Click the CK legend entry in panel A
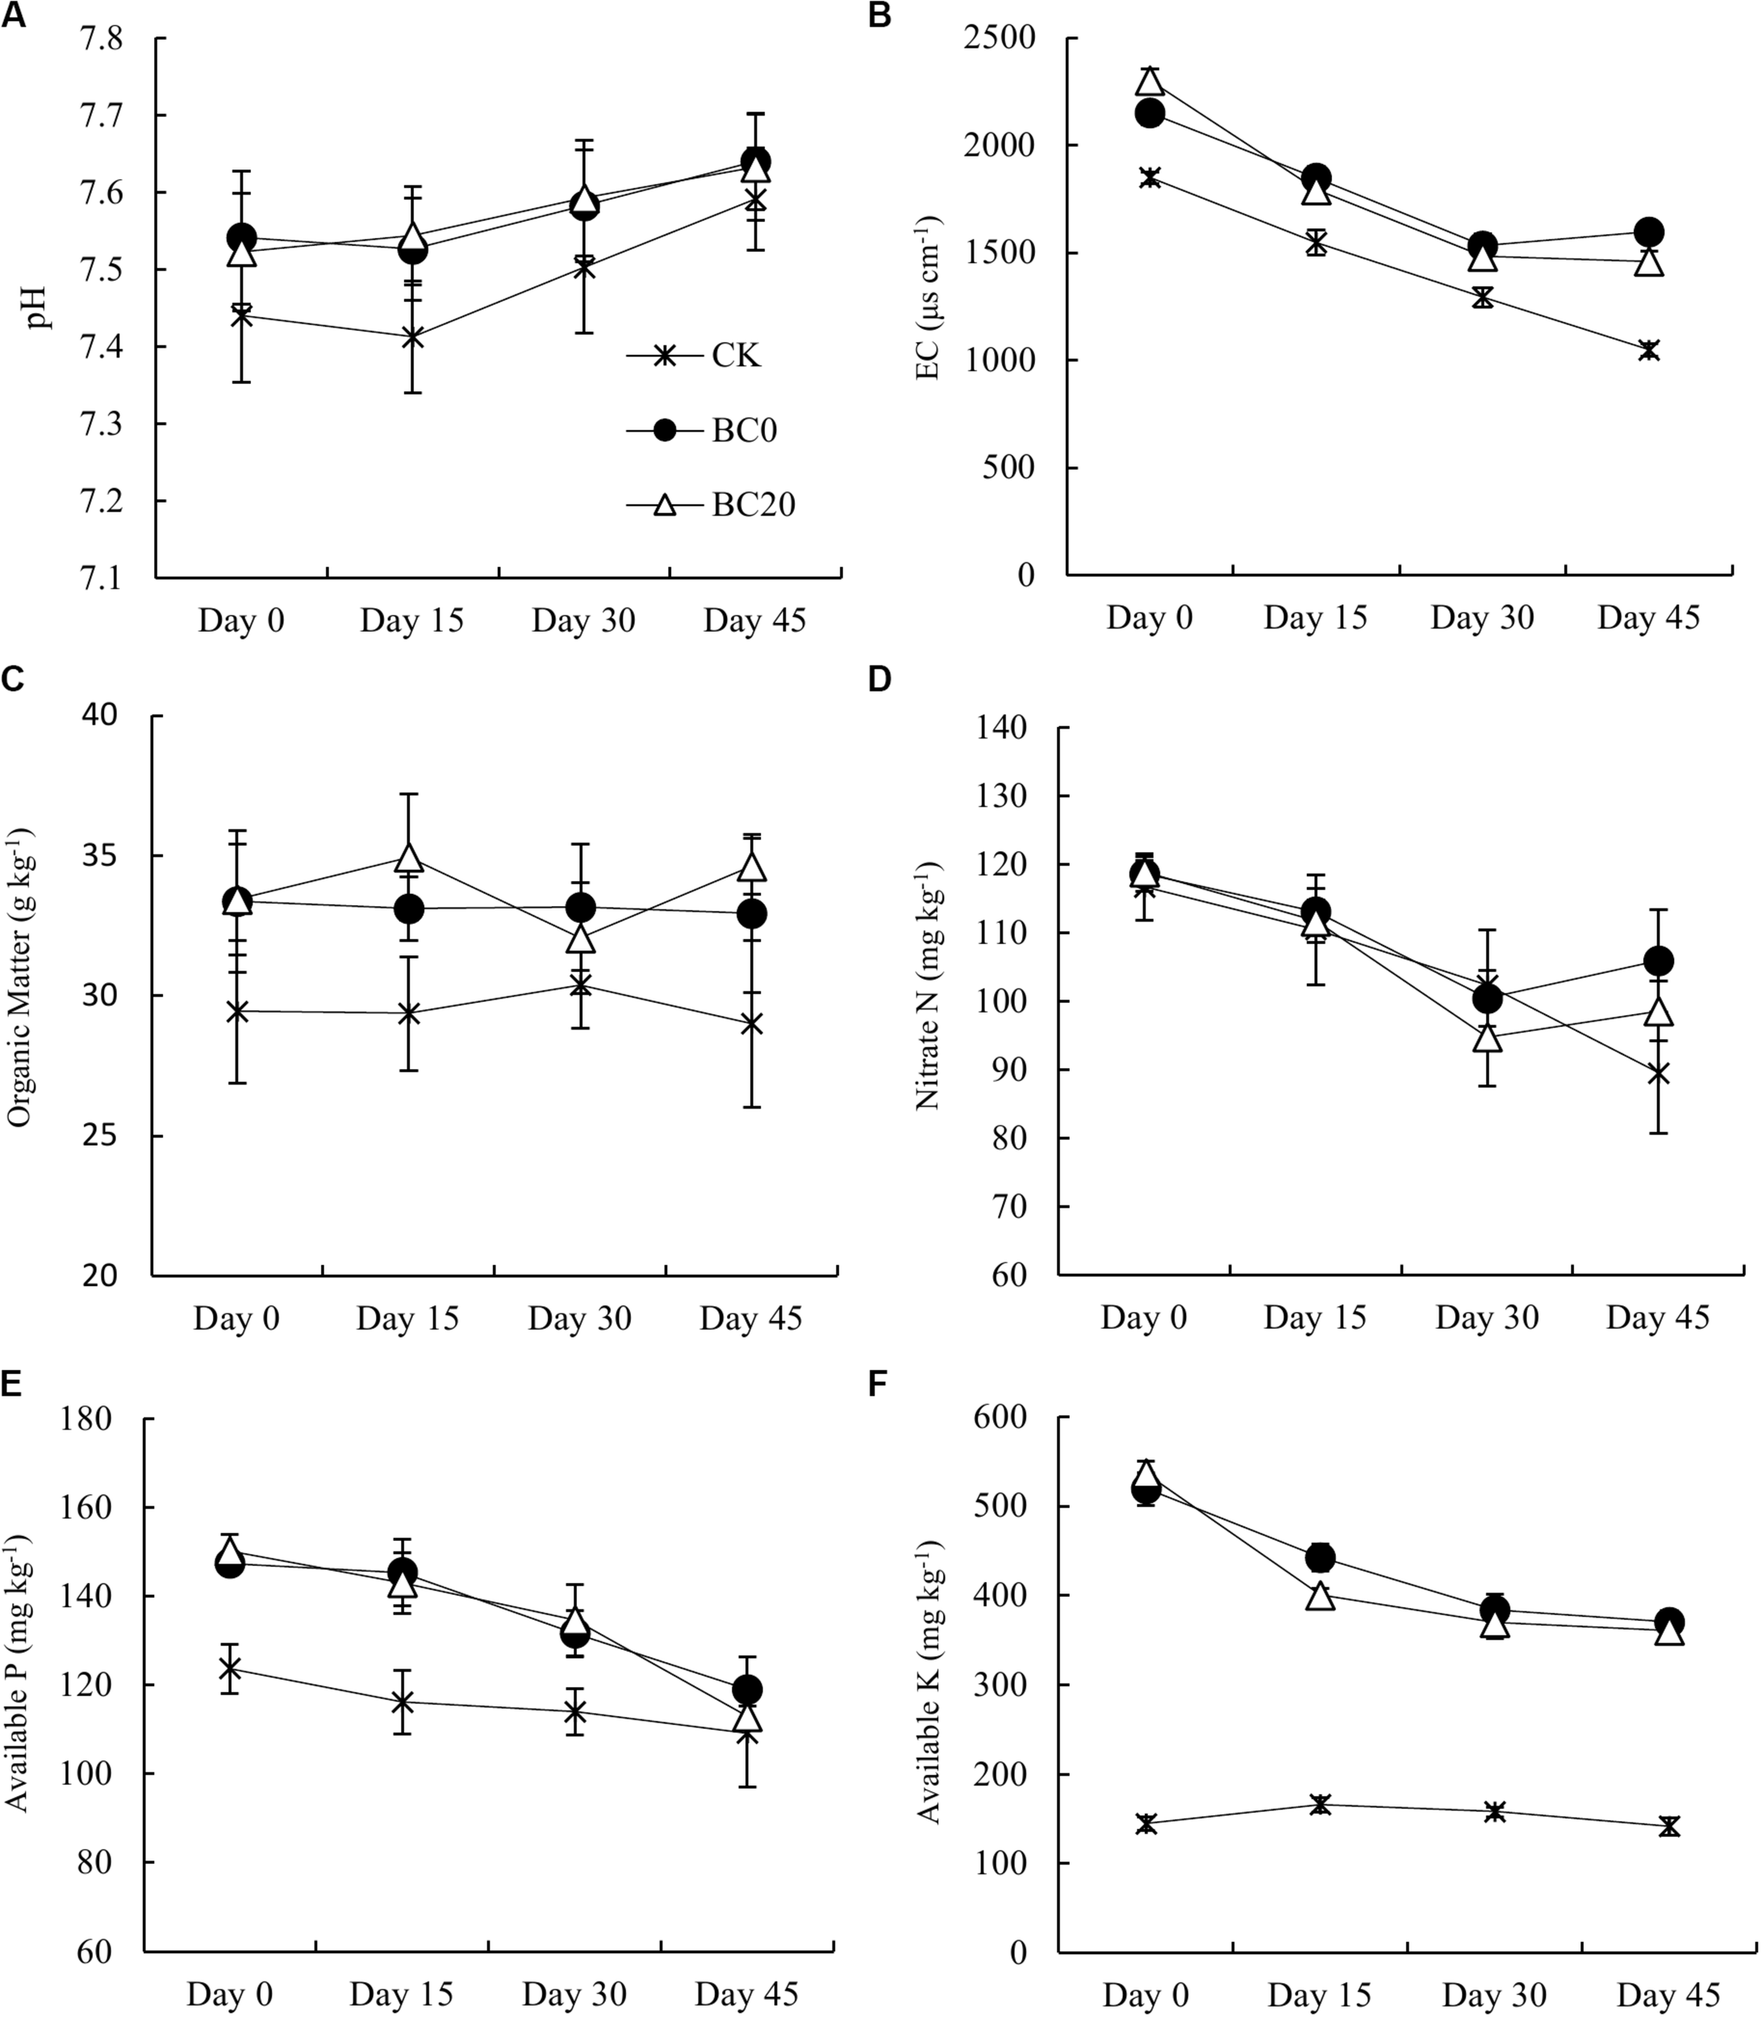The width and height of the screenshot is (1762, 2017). [x=736, y=355]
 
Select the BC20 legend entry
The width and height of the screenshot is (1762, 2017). [x=754, y=504]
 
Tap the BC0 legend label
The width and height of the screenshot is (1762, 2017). [x=745, y=431]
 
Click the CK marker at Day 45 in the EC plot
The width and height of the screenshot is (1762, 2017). [x=1649, y=350]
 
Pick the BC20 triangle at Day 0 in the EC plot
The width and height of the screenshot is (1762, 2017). [x=1150, y=81]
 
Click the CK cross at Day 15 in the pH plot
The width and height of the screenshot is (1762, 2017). [x=412, y=337]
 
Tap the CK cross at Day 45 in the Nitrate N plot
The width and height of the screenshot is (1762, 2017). [x=1659, y=1073]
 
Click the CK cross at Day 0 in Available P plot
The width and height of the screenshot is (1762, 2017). [x=229, y=1669]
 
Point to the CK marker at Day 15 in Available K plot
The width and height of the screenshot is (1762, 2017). [x=1320, y=1803]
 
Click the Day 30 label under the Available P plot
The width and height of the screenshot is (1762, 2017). [x=574, y=1994]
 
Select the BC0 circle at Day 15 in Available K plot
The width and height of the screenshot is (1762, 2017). [x=1320, y=1557]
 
